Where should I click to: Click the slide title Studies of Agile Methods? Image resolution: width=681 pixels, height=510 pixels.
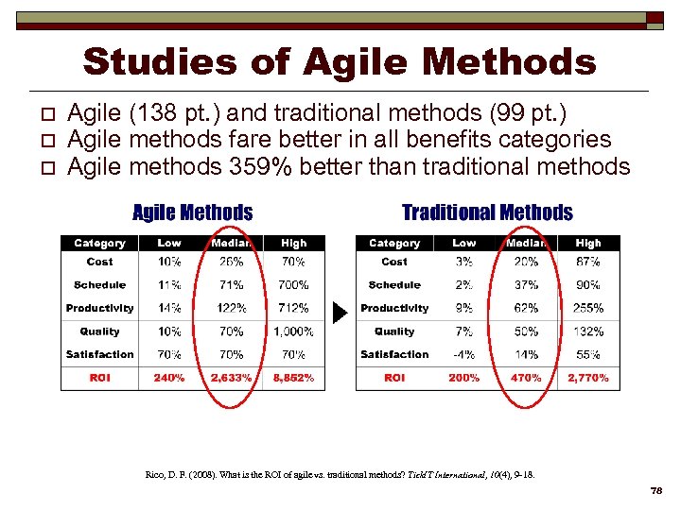pyautogui.click(x=340, y=62)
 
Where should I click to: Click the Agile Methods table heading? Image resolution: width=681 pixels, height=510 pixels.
pyautogui.click(x=192, y=212)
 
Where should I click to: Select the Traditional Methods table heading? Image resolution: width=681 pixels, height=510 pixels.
pyautogui.click(x=487, y=212)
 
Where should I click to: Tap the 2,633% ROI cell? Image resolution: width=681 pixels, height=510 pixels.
pyautogui.click(x=231, y=378)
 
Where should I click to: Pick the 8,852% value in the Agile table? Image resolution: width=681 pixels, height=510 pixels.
pyautogui.click(x=293, y=378)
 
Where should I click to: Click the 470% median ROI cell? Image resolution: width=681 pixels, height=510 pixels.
pyautogui.click(x=526, y=378)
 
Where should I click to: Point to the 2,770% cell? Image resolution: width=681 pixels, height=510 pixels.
pyautogui.click(x=588, y=378)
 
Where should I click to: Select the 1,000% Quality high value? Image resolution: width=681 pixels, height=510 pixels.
pyautogui.click(x=293, y=331)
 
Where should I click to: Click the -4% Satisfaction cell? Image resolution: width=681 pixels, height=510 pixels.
pyautogui.click(x=463, y=355)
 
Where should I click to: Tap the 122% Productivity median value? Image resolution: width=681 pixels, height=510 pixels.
pyautogui.click(x=231, y=308)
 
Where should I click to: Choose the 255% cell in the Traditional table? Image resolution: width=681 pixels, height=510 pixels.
pyautogui.click(x=588, y=308)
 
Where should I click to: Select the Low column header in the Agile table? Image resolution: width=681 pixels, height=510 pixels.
pyautogui.click(x=169, y=244)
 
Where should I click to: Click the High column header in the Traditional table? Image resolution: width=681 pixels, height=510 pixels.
pyautogui.click(x=588, y=244)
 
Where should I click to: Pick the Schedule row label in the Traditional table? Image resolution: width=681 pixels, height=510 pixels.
pyautogui.click(x=394, y=285)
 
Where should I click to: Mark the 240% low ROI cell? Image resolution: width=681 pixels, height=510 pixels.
pyautogui.click(x=169, y=378)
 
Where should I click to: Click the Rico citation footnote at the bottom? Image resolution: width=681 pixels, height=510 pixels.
pyautogui.click(x=340, y=474)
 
